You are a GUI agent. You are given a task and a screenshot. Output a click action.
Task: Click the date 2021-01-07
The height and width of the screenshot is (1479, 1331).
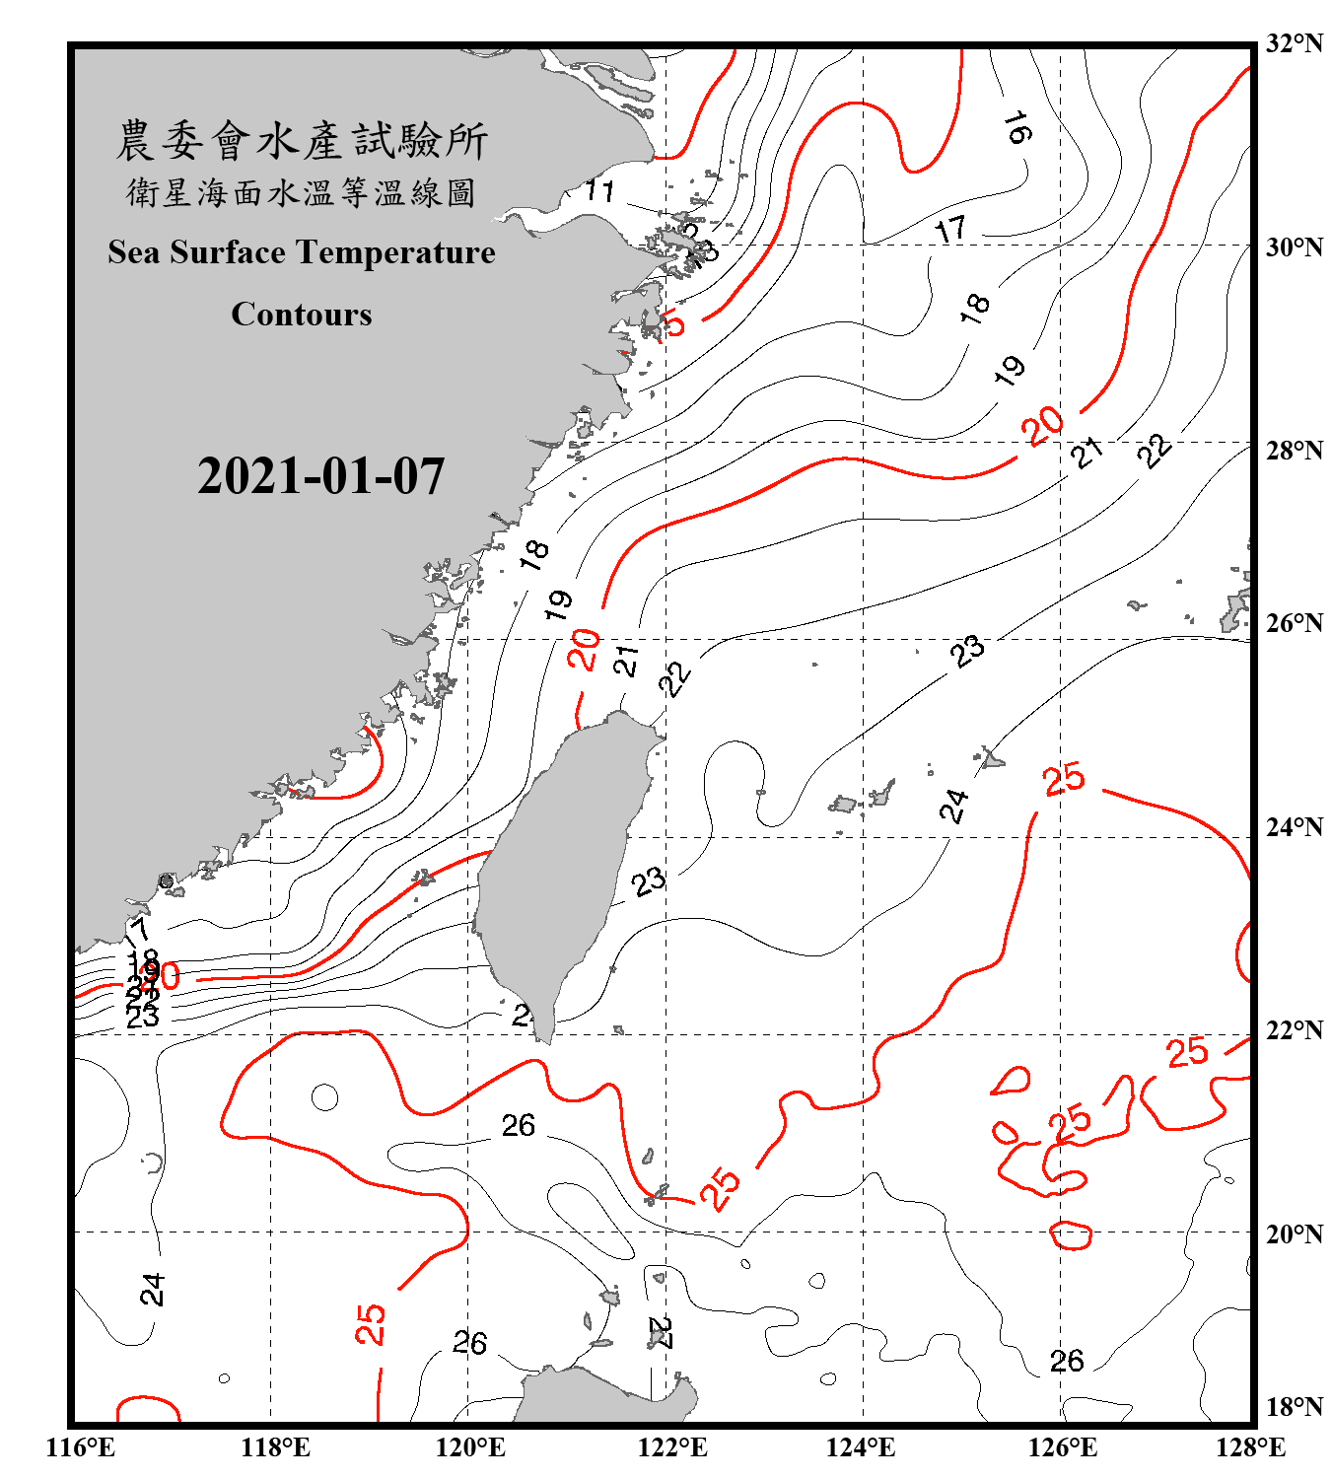tap(320, 476)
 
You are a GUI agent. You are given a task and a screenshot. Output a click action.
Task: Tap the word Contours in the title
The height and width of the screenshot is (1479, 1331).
tap(302, 315)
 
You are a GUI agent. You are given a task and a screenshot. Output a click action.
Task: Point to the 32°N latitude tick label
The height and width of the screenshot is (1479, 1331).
tap(1293, 43)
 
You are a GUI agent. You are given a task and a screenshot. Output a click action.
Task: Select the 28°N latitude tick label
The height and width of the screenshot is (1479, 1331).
tap(1293, 451)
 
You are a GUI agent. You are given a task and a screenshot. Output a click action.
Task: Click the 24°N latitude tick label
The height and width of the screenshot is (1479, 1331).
tap(1293, 827)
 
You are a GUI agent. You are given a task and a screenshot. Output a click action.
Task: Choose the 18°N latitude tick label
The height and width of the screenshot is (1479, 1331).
tap(1293, 1407)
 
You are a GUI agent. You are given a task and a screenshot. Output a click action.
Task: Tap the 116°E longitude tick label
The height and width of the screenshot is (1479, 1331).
tap(81, 1448)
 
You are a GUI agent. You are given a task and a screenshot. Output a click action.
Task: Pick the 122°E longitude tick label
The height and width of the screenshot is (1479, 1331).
tap(672, 1448)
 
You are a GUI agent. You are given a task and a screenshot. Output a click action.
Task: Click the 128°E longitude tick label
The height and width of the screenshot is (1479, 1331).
tap(1250, 1448)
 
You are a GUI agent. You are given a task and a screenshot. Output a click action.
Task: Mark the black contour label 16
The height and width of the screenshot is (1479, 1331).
tap(1017, 127)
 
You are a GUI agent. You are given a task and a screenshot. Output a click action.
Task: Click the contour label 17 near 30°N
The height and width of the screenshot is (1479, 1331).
tap(951, 230)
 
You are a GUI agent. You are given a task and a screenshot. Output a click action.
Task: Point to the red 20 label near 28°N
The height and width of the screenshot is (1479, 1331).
tap(1042, 426)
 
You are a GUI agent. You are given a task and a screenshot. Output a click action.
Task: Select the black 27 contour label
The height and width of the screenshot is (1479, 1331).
tap(661, 1333)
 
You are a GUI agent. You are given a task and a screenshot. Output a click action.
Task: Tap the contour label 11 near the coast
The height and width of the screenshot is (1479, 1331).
tap(598, 190)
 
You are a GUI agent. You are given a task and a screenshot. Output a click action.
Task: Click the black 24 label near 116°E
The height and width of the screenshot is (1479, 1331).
tap(152, 1289)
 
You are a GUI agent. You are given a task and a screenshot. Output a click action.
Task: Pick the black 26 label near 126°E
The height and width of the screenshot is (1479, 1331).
tap(1067, 1362)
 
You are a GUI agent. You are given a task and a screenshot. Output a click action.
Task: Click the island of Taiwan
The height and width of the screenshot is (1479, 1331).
tap(562, 858)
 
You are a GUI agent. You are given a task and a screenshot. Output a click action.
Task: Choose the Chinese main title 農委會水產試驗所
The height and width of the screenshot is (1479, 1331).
tap(302, 141)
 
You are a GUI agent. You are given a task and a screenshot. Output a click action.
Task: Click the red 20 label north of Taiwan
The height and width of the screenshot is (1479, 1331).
tap(584, 649)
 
